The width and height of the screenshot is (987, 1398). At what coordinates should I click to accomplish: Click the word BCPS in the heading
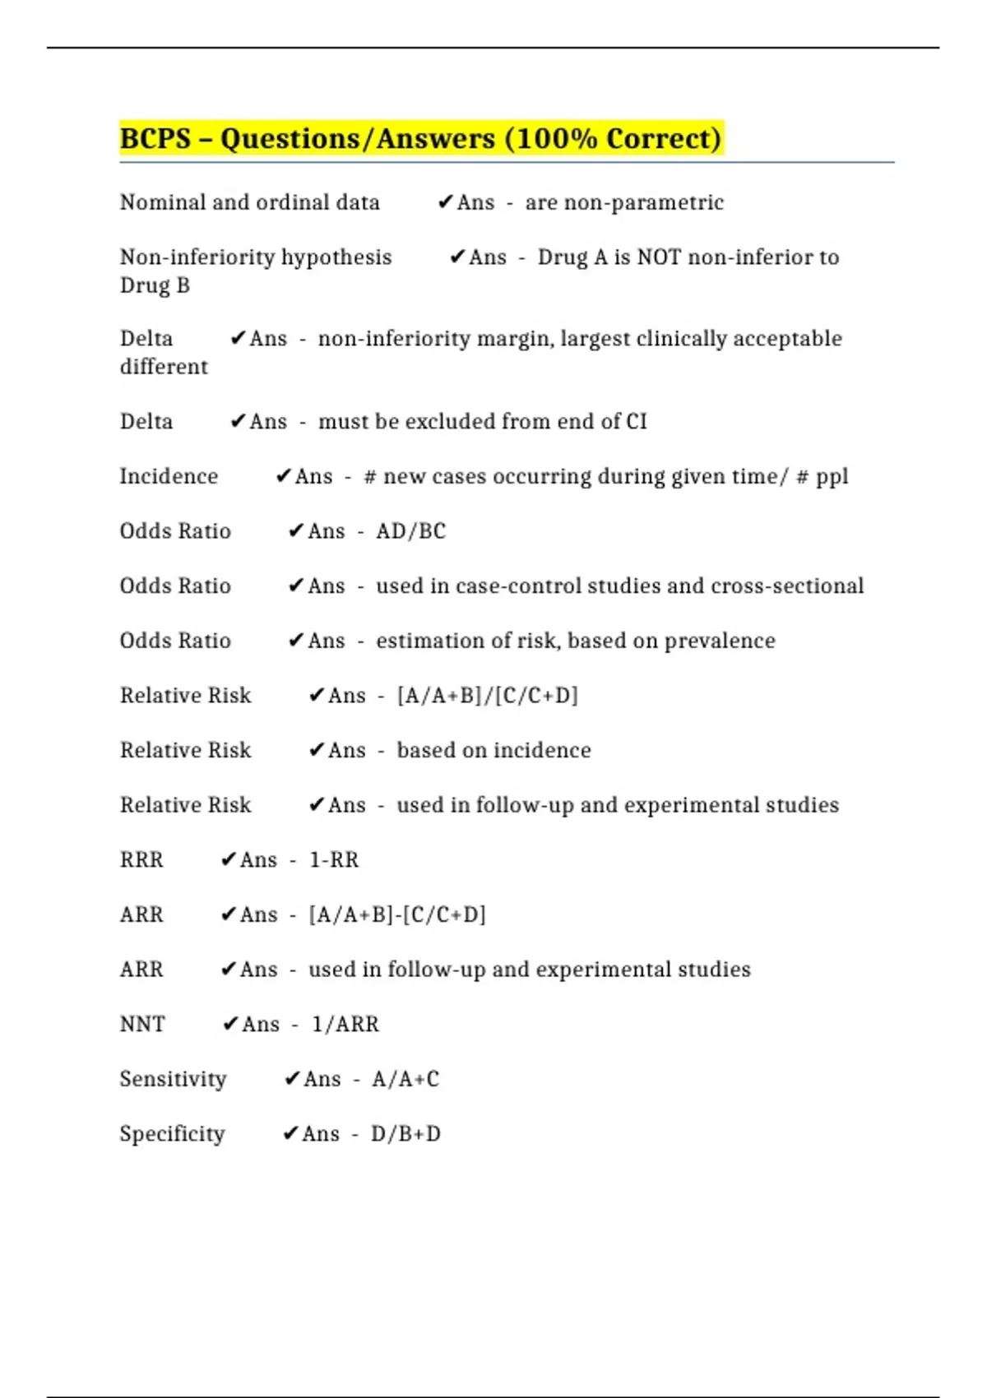pos(155,138)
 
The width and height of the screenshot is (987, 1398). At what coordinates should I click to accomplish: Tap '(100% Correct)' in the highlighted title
pos(614,138)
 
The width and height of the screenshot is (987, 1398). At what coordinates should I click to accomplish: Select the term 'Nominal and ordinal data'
pos(250,202)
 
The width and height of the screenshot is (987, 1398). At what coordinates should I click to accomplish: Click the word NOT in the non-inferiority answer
pos(660,257)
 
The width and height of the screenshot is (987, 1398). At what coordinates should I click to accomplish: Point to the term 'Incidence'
pos(169,476)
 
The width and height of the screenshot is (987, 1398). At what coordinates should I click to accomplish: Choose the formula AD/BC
pos(410,531)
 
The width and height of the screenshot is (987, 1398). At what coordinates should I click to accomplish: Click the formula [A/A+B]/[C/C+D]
pos(487,696)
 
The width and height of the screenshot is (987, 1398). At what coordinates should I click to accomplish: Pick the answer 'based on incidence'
pos(493,750)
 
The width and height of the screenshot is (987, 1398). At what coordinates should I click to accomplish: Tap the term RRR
pos(141,859)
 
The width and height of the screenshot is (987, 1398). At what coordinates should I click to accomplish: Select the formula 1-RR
pos(334,859)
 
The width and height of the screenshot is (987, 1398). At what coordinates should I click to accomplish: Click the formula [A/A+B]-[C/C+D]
pos(397,914)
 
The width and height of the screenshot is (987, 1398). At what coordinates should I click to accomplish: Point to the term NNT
pos(142,1024)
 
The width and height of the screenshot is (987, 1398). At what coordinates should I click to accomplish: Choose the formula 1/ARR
pos(345,1024)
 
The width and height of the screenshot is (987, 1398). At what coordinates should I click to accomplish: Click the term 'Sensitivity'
pos(173,1079)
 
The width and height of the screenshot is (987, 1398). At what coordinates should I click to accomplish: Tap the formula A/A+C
pos(405,1079)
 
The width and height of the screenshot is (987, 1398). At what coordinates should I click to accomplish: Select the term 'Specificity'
pos(172,1134)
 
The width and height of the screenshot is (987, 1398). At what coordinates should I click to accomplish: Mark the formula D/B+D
pos(405,1134)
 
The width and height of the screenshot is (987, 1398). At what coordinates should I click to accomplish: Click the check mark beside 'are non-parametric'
pos(445,201)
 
